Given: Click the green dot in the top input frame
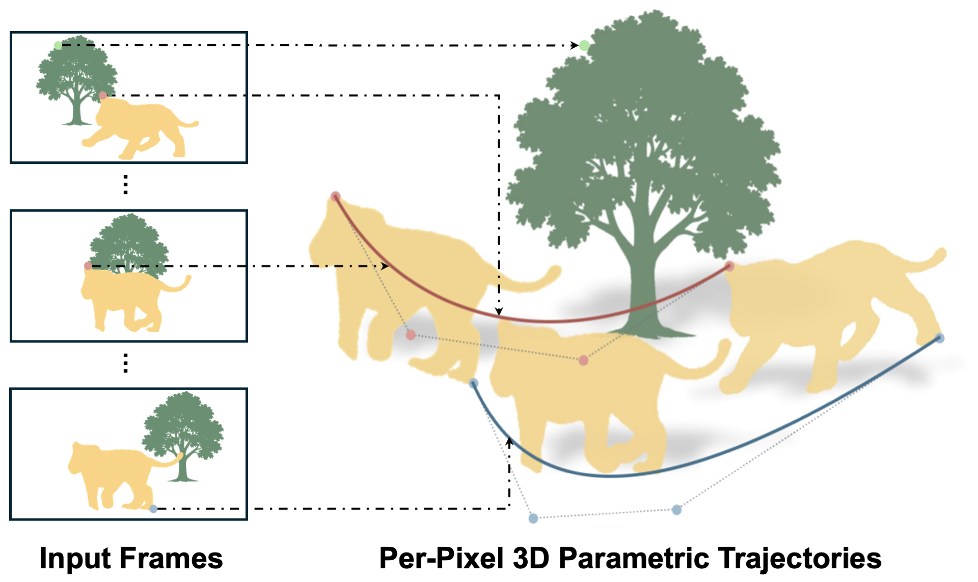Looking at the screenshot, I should (58, 46).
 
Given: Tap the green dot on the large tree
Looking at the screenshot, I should (584, 46).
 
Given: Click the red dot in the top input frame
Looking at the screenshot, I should (103, 96).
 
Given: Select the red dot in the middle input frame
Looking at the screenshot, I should (88, 266).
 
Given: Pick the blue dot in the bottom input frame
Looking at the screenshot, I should (153, 509).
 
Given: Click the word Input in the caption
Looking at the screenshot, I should (75, 559).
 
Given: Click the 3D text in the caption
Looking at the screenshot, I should (531, 559).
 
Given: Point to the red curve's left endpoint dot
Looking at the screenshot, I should (335, 196).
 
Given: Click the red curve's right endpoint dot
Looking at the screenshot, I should (729, 266).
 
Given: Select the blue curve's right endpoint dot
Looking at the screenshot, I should (940, 338).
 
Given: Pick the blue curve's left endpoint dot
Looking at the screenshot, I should (474, 383).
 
